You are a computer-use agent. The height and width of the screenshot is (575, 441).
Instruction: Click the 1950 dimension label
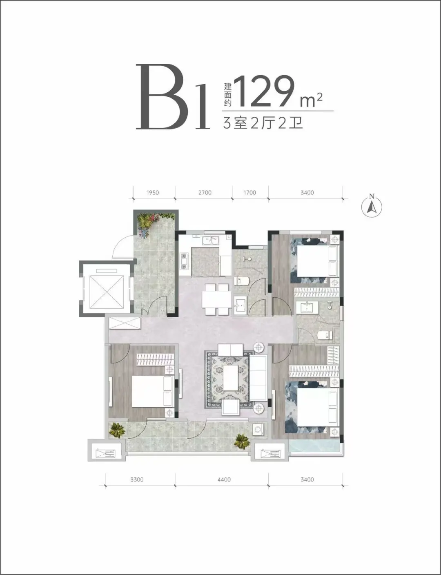153,193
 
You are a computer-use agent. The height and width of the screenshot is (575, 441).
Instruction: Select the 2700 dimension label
205,193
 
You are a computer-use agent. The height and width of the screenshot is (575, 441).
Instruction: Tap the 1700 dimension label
249,193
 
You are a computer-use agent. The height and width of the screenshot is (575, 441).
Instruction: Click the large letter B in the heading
159,97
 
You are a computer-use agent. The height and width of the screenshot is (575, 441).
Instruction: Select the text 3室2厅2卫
263,123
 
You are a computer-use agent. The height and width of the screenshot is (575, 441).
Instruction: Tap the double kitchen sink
211,240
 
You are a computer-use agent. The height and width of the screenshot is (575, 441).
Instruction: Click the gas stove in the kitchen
184,261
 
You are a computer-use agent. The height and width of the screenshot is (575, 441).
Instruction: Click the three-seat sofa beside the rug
258,378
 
